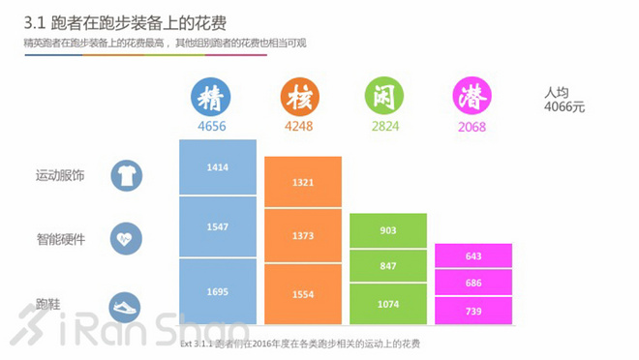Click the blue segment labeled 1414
218,166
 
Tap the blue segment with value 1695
218,288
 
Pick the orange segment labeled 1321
302,181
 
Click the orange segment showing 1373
302,235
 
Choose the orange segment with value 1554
302,293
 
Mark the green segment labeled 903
387,230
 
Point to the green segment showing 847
387,265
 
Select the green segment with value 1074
387,303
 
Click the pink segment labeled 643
472,255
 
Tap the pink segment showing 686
472,283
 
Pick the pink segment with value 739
472,310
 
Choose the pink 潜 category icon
472,98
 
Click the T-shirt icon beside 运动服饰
126,175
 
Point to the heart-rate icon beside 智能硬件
126,238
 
